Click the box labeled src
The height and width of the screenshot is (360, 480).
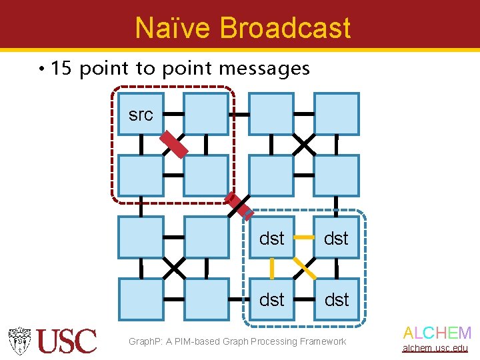pyautogui.click(x=141, y=114)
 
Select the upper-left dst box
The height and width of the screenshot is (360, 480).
pyautogui.click(x=271, y=238)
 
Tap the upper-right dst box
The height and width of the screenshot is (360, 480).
pyautogui.click(x=336, y=238)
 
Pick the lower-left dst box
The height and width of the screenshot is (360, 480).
pyautogui.click(x=271, y=300)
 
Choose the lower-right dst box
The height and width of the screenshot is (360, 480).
pyautogui.click(x=336, y=300)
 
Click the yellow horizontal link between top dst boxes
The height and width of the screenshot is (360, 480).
pyautogui.click(x=304, y=237)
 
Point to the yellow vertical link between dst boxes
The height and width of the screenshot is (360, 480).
pyautogui.click(x=271, y=269)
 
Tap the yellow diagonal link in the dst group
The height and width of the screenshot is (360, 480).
pyautogui.click(x=305, y=268)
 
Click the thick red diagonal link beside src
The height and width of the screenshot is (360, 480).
pyautogui.click(x=173, y=144)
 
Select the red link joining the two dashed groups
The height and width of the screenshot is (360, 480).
pyautogui.click(x=239, y=206)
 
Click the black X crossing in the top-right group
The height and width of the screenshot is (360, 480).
pyautogui.click(x=304, y=143)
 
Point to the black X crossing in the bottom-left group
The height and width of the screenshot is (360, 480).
pyautogui.click(x=174, y=268)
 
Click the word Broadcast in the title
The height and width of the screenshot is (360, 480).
pyautogui.click(x=285, y=28)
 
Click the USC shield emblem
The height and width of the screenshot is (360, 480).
pyautogui.click(x=20, y=341)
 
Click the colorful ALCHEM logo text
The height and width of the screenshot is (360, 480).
pyautogui.click(x=437, y=333)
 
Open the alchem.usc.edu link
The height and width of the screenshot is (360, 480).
pyautogui.click(x=435, y=348)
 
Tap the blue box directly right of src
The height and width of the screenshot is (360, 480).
pyautogui.click(x=206, y=114)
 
